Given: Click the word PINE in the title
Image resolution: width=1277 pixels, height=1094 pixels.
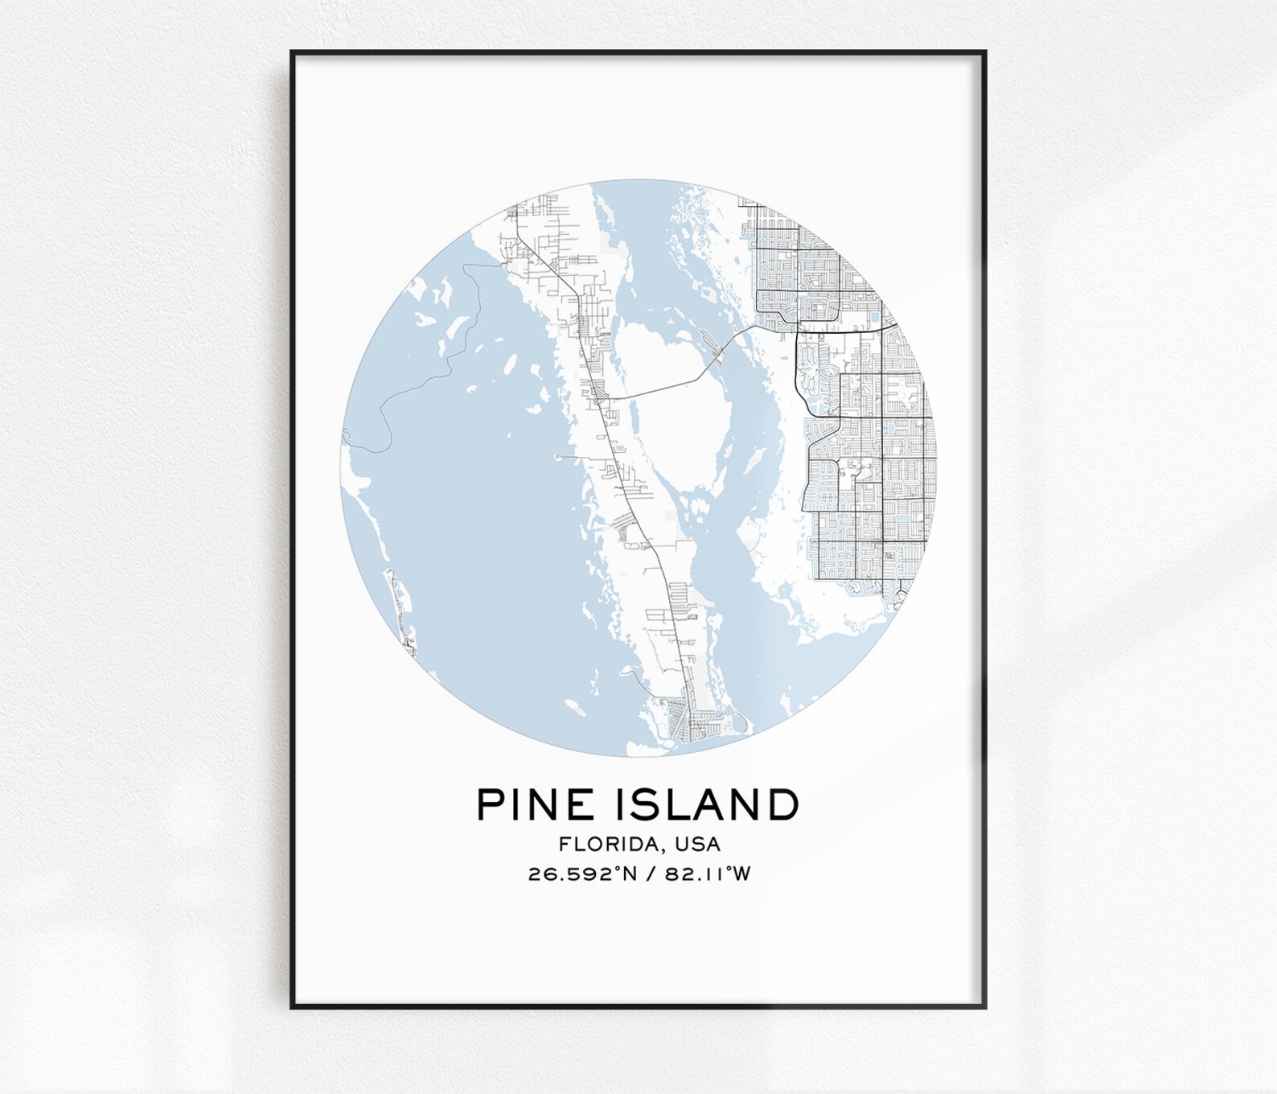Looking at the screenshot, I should [x=536, y=804].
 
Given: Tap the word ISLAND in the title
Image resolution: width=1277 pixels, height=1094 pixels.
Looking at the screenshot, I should [x=708, y=804].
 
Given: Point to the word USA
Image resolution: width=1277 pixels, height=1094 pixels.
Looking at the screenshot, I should [x=698, y=844].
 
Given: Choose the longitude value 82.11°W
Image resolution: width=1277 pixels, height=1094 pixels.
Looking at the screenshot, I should [x=708, y=874].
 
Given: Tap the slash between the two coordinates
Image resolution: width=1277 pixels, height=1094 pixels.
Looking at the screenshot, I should [x=651, y=874].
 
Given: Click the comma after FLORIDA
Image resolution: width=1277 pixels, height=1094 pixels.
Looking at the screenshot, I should [x=666, y=849].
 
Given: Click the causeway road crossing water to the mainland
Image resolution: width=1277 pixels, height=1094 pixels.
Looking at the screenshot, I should [x=667, y=389].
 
